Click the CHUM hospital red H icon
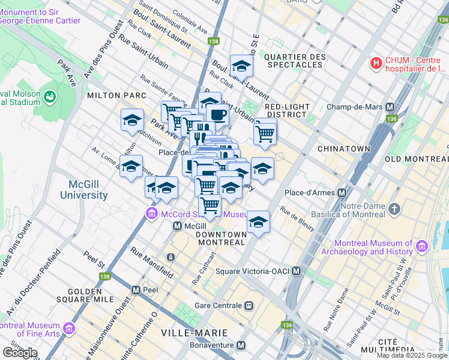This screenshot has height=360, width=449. pyautogui.click(x=376, y=62)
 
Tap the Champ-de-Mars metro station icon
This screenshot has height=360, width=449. pyautogui.click(x=390, y=107)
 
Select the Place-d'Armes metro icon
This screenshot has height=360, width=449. pyautogui.click(x=342, y=193)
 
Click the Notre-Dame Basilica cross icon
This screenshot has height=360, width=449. pyautogui.click(x=394, y=209)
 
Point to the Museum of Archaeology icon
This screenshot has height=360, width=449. pyautogui.click(x=421, y=247)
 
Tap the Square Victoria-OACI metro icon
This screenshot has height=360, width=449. pyautogui.click(x=297, y=272)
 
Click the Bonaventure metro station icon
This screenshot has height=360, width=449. pyautogui.click(x=241, y=346)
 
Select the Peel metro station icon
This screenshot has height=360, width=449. pyautogui.click(x=136, y=290)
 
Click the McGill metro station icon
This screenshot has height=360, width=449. pyautogui.click(x=177, y=226)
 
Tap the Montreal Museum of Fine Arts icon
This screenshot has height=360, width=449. pyautogui.click(x=68, y=329)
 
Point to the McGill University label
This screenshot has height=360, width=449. pyautogui.click(x=84, y=190)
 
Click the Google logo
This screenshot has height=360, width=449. pyautogui.click(x=20, y=352)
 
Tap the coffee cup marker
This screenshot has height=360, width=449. pyautogui.click(x=217, y=114)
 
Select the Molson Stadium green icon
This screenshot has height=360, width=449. pyautogui.click(x=49, y=97)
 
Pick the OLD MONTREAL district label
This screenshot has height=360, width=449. pyautogui.click(x=417, y=158)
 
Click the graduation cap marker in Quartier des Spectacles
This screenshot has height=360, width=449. pyautogui.click(x=241, y=65)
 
